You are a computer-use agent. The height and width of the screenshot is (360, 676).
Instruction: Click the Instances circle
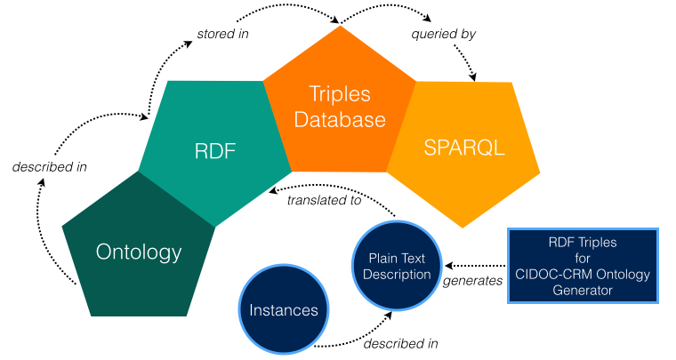coord(283,310)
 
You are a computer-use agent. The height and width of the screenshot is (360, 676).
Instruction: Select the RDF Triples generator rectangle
coord(582,266)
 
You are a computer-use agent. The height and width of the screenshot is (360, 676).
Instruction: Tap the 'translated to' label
coord(324,200)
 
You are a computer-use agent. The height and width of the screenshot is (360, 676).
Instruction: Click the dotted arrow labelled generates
coord(476,265)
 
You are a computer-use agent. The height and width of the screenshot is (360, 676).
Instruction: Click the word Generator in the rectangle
coord(582,289)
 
